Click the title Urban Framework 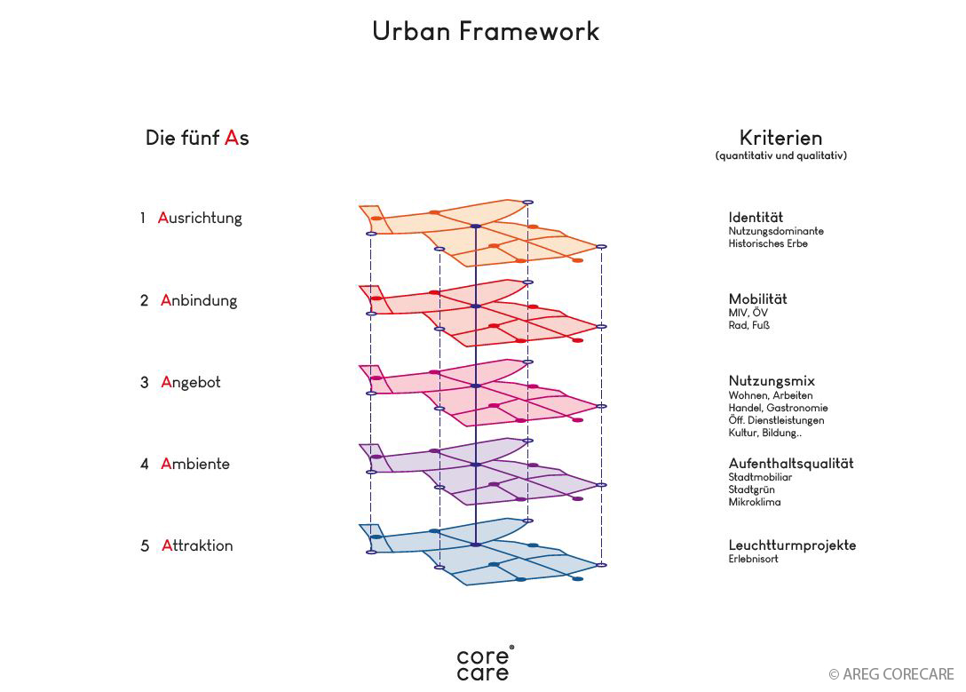[486, 32]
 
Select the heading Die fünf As [197, 139]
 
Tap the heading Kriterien [780, 138]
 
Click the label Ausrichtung [200, 218]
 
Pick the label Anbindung [199, 300]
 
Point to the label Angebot [191, 383]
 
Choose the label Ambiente [195, 464]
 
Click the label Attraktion [197, 545]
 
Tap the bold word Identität [756, 218]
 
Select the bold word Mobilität [757, 299]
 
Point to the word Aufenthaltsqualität [791, 464]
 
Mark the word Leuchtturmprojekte [792, 545]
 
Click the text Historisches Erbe [768, 244]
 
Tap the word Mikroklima [755, 503]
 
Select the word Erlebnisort [753, 560]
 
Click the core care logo [484, 664]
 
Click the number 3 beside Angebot [144, 383]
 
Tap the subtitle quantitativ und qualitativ [780, 156]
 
